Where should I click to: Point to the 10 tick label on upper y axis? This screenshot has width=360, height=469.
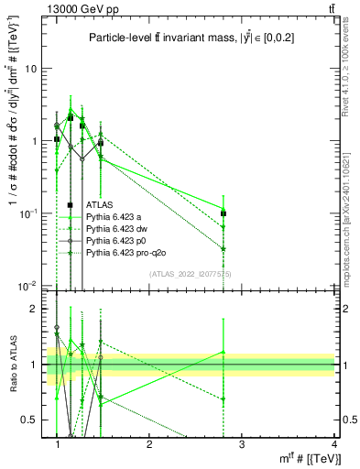pos(30,69)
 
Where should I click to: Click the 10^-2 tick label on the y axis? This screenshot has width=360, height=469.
pos(28,286)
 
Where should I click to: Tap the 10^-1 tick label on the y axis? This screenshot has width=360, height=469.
pos(28,213)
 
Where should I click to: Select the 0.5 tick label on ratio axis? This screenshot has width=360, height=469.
pos(30,420)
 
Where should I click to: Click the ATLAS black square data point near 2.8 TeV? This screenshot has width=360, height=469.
pos(224,213)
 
